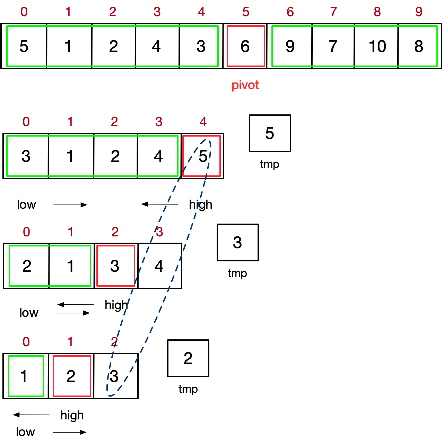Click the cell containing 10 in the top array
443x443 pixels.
[x=377, y=46]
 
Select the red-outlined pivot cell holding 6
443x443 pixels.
[x=245, y=46]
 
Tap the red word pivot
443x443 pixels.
[x=245, y=85]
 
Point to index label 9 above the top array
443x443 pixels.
[x=419, y=12]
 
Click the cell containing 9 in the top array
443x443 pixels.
[x=290, y=46]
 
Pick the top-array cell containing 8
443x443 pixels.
[x=419, y=46]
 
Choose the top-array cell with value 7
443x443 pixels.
[x=333, y=46]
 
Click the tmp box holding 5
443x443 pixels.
[x=270, y=133]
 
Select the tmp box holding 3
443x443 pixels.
[x=237, y=242]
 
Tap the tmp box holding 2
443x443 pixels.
[x=188, y=358]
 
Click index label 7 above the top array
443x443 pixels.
[x=333, y=12]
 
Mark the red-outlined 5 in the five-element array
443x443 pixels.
[x=202, y=156]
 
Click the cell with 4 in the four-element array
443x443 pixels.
[x=159, y=266]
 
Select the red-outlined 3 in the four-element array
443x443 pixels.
[x=115, y=266]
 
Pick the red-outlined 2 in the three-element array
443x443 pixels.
[x=71, y=376]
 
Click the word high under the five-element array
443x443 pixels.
[x=200, y=205]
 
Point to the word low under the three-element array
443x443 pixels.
[x=25, y=432]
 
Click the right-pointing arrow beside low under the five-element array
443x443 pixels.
[x=70, y=205]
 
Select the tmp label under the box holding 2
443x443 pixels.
[x=188, y=389]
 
